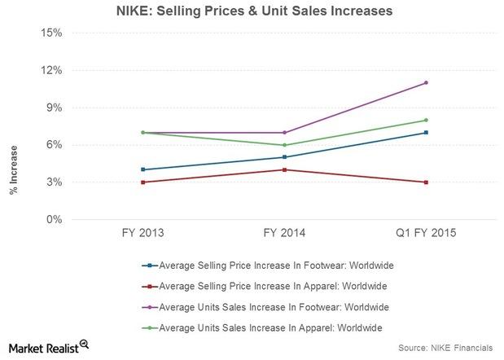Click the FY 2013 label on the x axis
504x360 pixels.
(142, 233)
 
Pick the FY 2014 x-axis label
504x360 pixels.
(283, 233)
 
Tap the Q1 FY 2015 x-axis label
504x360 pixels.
(425, 233)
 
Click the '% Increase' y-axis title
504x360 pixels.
(14, 170)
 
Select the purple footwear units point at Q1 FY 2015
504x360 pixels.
(425, 82)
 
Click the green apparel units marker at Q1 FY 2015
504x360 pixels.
(425, 121)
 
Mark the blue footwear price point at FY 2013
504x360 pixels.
(142, 169)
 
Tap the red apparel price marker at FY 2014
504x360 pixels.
(283, 169)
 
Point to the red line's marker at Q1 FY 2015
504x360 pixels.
(425, 182)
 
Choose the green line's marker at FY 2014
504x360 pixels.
(283, 145)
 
